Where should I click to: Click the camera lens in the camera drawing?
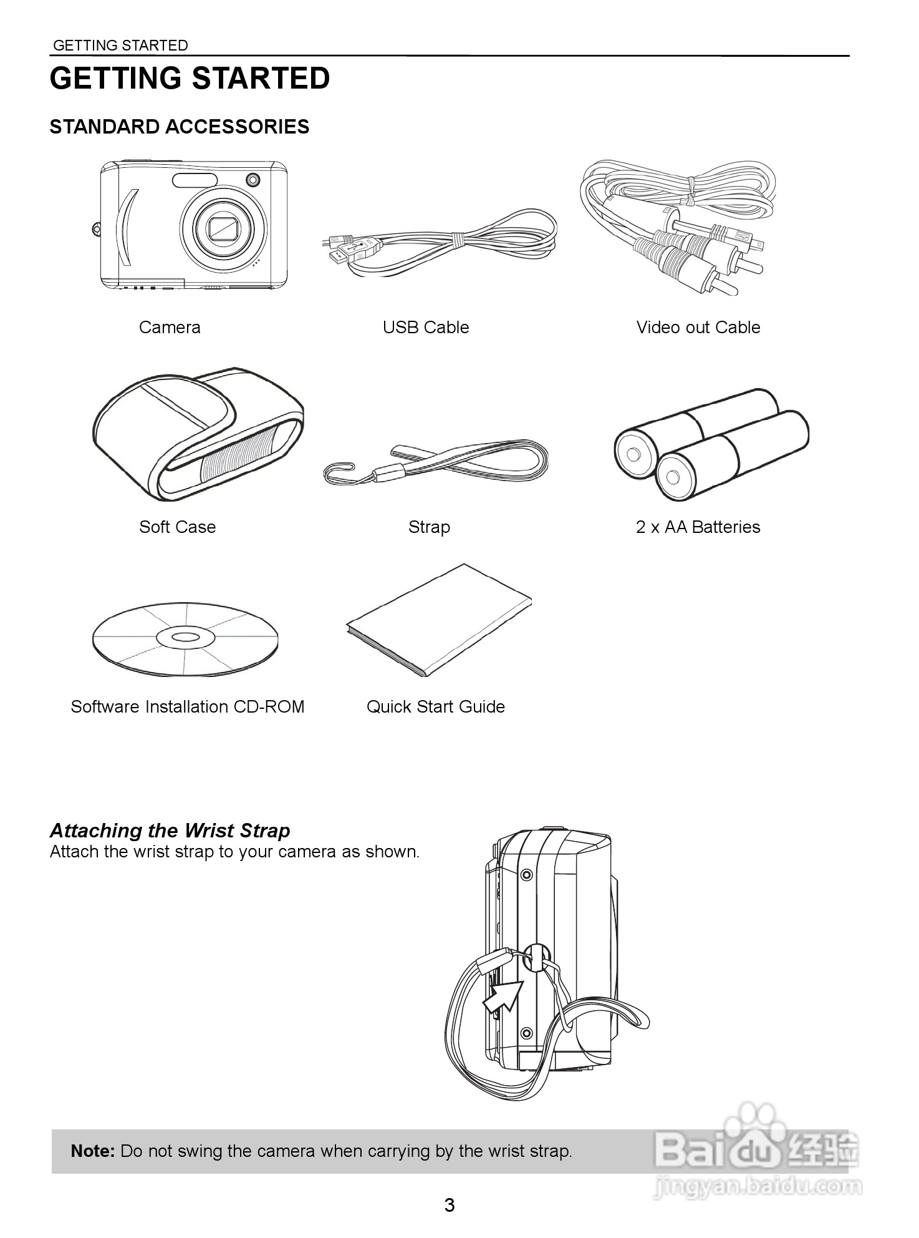pyautogui.click(x=224, y=227)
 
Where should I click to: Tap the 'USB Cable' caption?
pyautogui.click(x=426, y=328)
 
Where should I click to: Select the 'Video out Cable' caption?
pyautogui.click(x=698, y=328)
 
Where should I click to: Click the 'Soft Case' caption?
pyautogui.click(x=178, y=527)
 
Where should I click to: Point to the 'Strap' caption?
pyautogui.click(x=429, y=527)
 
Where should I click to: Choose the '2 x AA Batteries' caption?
pyautogui.click(x=698, y=527)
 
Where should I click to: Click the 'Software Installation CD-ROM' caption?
pyautogui.click(x=188, y=707)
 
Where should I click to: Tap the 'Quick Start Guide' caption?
pyautogui.click(x=436, y=707)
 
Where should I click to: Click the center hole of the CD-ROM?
pyautogui.click(x=185, y=637)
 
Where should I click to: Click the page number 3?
pyautogui.click(x=450, y=1206)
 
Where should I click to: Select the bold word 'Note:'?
pyautogui.click(x=93, y=1151)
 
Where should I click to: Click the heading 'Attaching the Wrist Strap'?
pyautogui.click(x=170, y=831)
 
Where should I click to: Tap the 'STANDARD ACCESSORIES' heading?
pyautogui.click(x=180, y=127)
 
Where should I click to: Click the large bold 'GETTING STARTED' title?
pyautogui.click(x=190, y=79)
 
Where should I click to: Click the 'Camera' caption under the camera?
pyautogui.click(x=170, y=328)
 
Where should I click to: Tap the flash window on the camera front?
pyautogui.click(x=195, y=180)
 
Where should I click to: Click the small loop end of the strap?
pyautogui.click(x=338, y=472)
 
